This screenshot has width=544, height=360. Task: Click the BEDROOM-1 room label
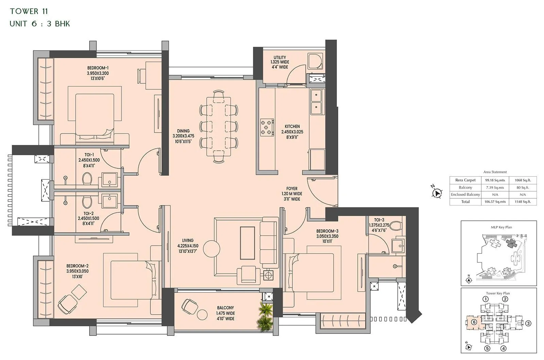point(98,68)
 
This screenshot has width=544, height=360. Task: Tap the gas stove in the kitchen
point(267,128)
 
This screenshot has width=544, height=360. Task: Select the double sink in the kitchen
point(316,102)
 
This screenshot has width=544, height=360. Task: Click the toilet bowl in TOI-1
point(87,178)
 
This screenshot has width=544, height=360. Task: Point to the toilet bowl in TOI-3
point(395,225)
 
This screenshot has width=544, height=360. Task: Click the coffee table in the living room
point(247,243)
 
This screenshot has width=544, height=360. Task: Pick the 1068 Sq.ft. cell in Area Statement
point(523,180)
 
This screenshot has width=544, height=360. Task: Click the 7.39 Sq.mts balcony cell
point(495,187)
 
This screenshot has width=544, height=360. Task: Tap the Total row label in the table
point(465,202)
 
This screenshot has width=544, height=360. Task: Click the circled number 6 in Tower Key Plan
point(474,322)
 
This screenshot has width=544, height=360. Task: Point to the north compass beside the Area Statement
point(436,193)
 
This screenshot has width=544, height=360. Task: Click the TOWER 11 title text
point(29,11)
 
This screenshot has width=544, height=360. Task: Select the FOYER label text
point(292,189)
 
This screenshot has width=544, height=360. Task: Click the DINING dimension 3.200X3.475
point(183,136)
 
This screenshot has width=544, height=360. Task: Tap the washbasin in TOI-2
point(109,201)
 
